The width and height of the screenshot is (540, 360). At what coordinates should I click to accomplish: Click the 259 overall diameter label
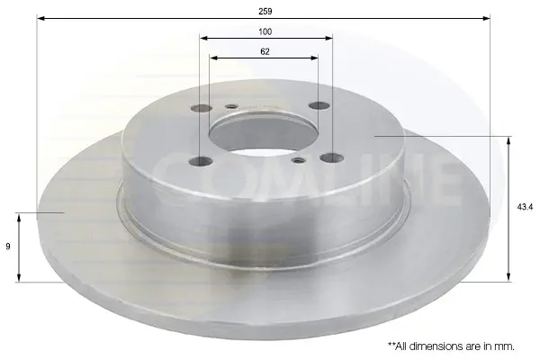265,12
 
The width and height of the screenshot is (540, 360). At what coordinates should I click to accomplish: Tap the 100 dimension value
265,31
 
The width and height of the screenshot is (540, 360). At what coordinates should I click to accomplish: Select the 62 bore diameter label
265,51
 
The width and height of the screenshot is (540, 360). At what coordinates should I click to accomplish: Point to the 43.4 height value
525,207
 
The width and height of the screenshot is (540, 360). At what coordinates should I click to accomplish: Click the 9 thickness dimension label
8,247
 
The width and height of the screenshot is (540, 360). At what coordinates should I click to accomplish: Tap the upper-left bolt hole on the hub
202,109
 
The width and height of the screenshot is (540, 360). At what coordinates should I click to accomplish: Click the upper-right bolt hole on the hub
319,105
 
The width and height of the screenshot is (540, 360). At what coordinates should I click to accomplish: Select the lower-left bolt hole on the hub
201,161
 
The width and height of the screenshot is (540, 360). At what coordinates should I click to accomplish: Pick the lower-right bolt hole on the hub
331,158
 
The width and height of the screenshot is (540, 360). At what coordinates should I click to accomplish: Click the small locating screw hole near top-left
232,106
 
